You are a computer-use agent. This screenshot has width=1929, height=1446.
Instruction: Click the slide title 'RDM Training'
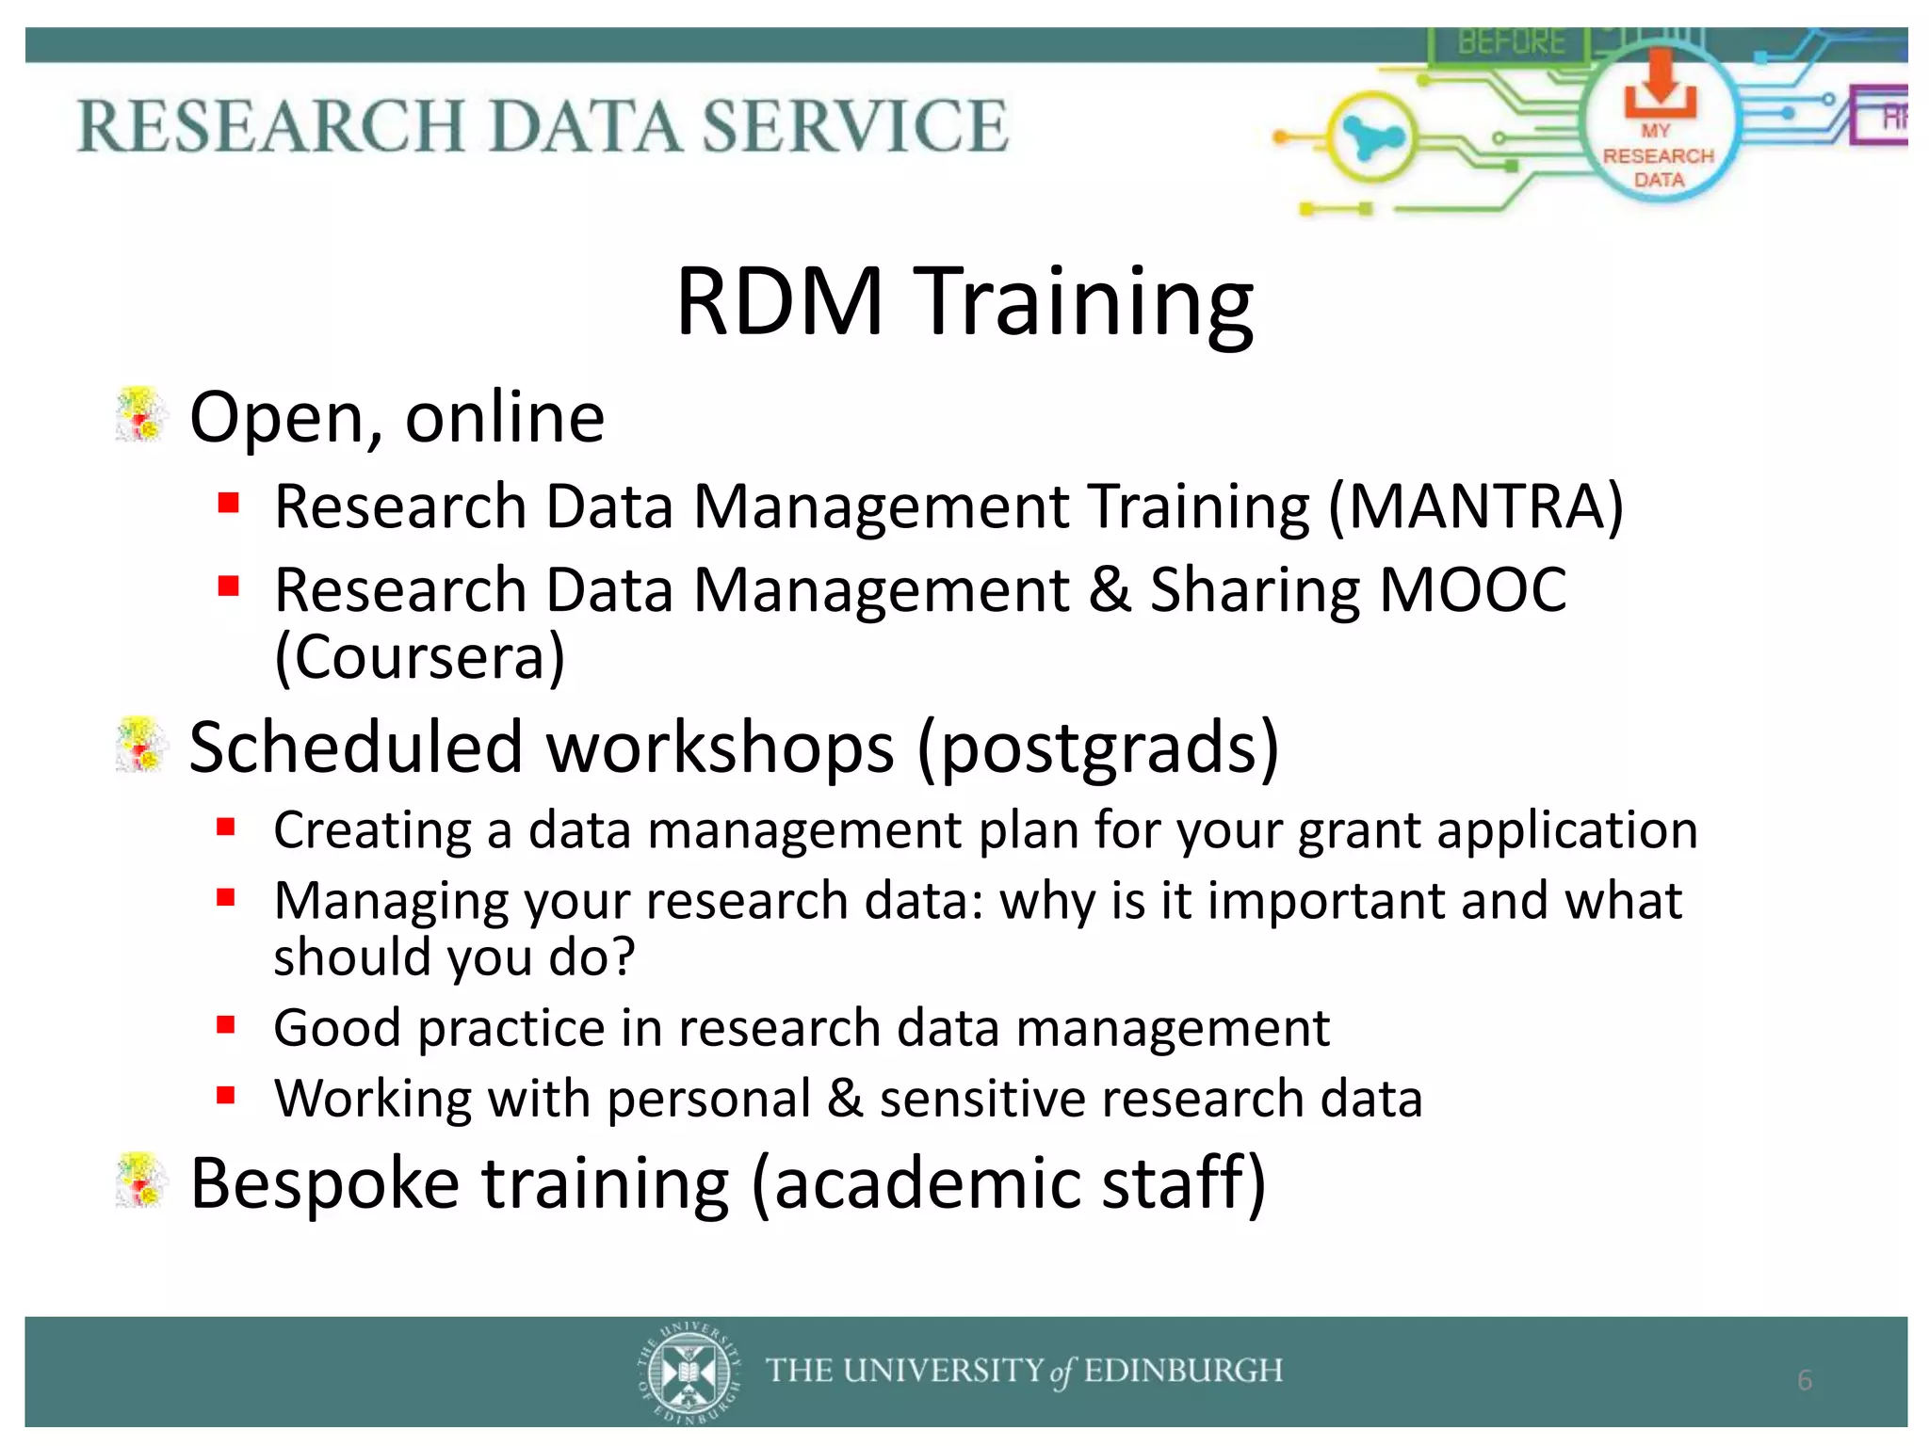click(964, 301)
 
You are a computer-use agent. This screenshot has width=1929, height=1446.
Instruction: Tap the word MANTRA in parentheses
click(1476, 507)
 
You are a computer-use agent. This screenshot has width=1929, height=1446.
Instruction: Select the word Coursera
click(420, 657)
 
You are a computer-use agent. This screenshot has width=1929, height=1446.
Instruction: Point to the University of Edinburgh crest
click(689, 1372)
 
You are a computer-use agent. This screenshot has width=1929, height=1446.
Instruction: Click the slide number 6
click(1804, 1380)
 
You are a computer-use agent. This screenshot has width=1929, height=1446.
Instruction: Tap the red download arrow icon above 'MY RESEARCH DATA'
click(1660, 83)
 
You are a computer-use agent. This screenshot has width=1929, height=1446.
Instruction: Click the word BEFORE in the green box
click(1511, 42)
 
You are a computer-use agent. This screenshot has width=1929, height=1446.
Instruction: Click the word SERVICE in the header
click(854, 126)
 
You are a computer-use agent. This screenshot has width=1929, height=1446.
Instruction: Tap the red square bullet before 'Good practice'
click(226, 1024)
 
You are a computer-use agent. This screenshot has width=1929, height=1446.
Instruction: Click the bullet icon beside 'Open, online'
click(141, 415)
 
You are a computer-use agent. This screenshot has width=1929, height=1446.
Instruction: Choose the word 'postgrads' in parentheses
click(1098, 747)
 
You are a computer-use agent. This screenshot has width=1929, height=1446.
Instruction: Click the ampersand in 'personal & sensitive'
click(845, 1099)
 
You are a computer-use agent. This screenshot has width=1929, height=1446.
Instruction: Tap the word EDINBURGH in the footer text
click(1183, 1371)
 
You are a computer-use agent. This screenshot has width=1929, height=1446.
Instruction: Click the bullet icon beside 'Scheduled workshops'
click(141, 746)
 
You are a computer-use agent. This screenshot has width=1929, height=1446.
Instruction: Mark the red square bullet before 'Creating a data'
click(226, 828)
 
